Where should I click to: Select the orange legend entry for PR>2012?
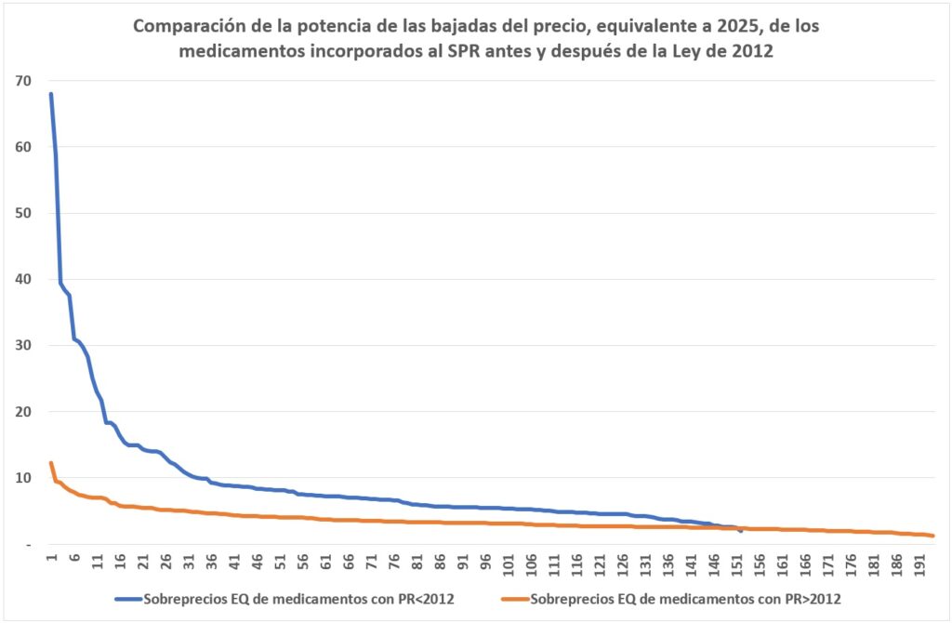point(683,597)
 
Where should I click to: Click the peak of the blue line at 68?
point(51,94)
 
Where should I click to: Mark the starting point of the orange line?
point(51,463)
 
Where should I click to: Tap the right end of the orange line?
point(932,536)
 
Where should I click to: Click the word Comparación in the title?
point(190,27)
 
